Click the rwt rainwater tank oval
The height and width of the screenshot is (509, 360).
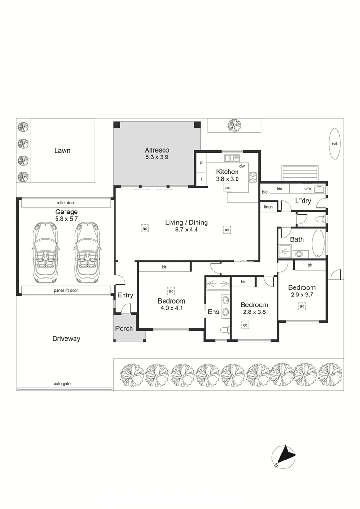tap(335, 143)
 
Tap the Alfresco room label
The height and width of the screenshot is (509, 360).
tap(157, 150)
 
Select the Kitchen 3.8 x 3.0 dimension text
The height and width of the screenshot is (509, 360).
tap(227, 179)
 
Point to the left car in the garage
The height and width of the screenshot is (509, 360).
tap(45, 252)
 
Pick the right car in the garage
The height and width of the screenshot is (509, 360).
tap(87, 252)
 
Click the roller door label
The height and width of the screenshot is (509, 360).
tap(66, 203)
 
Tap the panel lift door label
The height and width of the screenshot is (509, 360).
tap(66, 290)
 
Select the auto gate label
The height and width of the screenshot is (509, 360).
tap(62, 384)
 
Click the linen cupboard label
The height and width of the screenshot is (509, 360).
tap(268, 207)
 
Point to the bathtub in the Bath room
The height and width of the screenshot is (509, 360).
tap(318, 244)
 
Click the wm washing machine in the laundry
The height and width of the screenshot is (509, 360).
tap(307, 188)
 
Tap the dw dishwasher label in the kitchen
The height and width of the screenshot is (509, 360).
tap(242, 166)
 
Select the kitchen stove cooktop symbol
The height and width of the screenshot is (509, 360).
tap(253, 177)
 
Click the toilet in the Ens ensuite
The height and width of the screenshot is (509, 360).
tap(225, 330)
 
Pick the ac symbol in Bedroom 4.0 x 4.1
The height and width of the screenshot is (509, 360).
tap(171, 291)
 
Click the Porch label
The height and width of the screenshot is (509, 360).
tap(124, 328)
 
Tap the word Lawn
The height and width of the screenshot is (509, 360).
tap(62, 151)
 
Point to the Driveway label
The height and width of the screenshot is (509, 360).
tap(66, 339)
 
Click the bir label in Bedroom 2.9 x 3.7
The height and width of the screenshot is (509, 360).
tap(310, 265)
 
